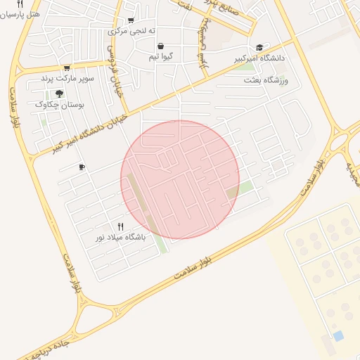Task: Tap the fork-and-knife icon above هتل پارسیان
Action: point(20,4)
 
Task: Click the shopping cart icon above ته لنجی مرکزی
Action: point(130,20)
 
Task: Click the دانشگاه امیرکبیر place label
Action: point(260,58)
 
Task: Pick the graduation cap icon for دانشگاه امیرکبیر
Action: point(260,47)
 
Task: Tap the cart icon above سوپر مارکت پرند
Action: point(67,68)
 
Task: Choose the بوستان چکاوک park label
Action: point(60,104)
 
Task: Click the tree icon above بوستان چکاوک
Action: point(60,93)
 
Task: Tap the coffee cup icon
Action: point(82,167)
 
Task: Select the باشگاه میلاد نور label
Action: point(121,238)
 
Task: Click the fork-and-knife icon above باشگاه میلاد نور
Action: point(120,226)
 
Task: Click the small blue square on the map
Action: point(339,336)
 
